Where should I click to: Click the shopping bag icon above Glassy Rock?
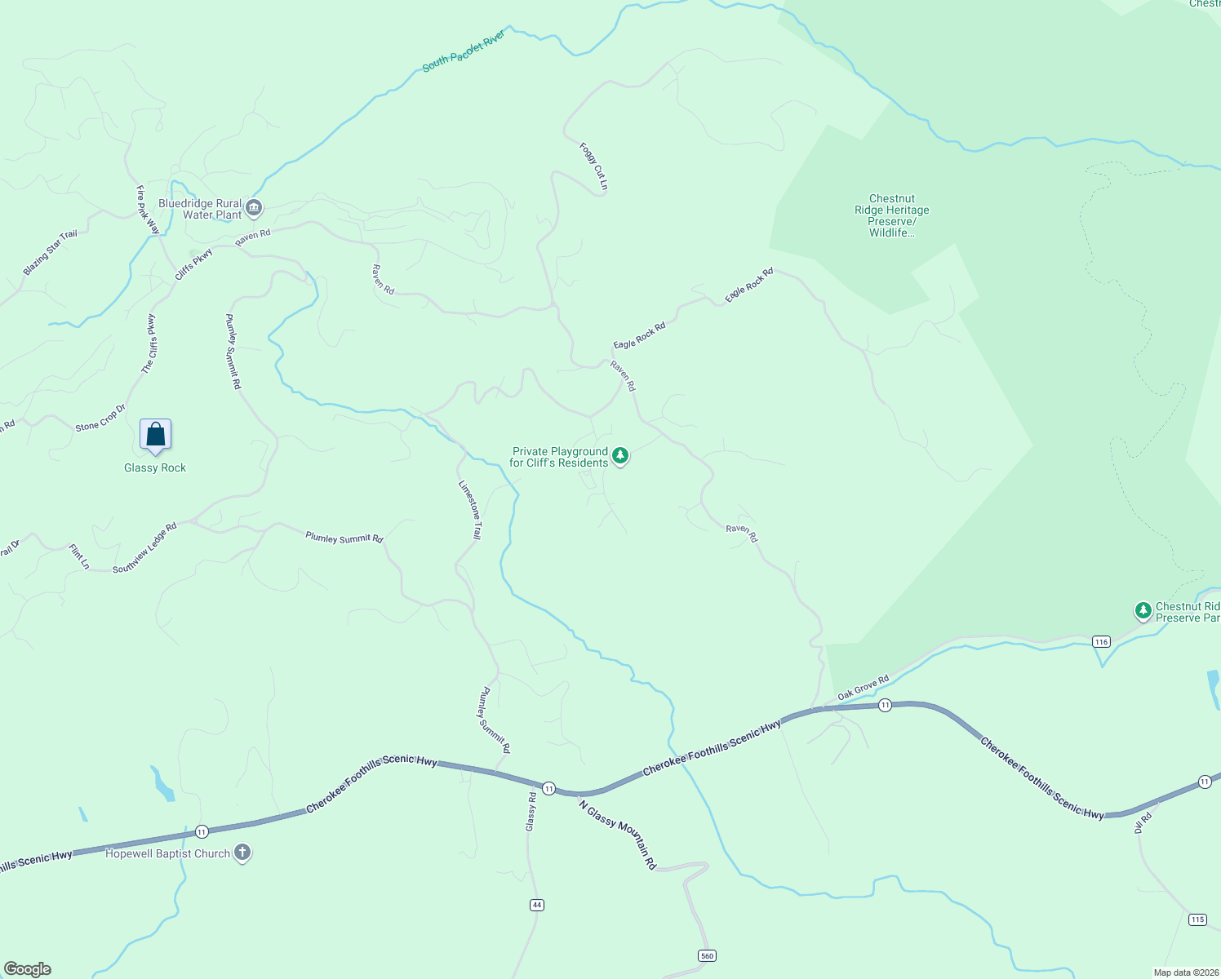pos(155,435)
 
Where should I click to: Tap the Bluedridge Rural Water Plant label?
pos(201,210)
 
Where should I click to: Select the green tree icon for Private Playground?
pos(620,455)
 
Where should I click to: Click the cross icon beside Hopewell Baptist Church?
pos(242,853)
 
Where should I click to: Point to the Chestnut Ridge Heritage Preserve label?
pos(891,215)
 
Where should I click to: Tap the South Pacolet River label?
pos(464,51)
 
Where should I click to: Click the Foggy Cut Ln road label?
pos(593,166)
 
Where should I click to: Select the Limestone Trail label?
pos(470,509)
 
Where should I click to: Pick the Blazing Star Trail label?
pos(50,252)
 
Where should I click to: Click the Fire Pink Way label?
pos(148,210)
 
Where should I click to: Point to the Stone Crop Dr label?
pos(100,418)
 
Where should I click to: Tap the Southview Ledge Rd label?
pos(144,547)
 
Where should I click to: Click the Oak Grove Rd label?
pos(863,688)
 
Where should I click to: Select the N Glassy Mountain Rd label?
pos(618,835)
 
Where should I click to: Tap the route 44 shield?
pos(536,905)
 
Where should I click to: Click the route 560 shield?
pos(708,955)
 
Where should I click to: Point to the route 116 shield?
pos(1102,641)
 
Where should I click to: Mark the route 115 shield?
pos(1197,919)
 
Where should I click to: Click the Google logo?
pos(28,969)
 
